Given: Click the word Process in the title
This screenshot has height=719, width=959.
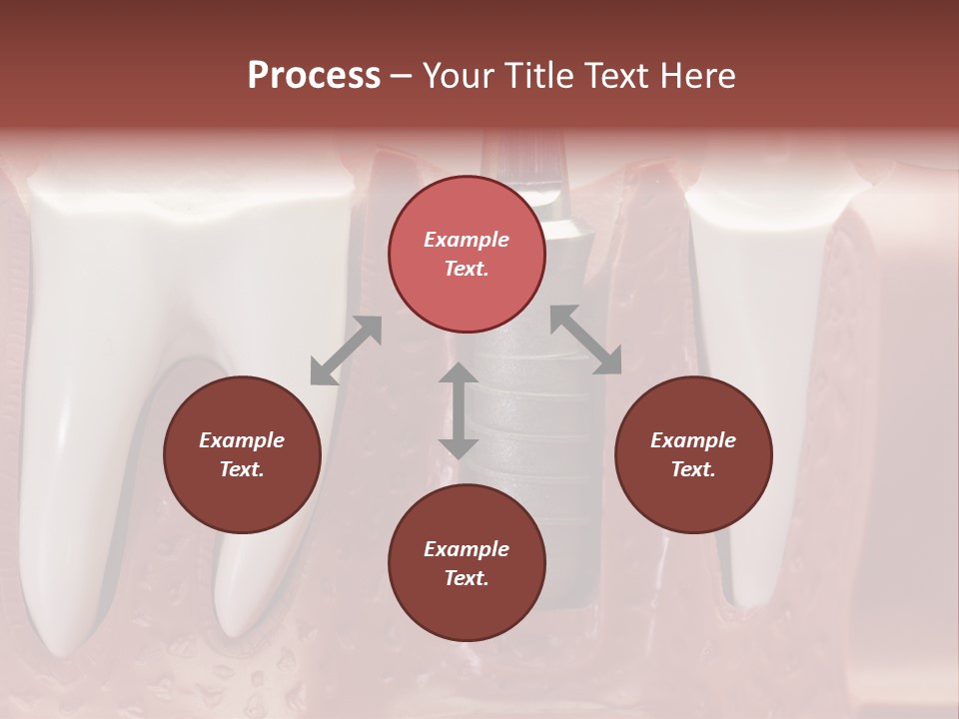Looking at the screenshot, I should tap(314, 76).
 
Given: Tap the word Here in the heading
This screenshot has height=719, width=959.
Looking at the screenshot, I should tap(698, 76).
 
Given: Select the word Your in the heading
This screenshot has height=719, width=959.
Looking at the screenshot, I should tap(459, 76).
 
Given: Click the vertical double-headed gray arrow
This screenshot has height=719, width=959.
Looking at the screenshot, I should tap(459, 410).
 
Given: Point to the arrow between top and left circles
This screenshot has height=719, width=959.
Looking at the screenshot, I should tap(346, 351).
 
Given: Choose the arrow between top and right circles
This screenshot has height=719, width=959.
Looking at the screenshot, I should tap(586, 340).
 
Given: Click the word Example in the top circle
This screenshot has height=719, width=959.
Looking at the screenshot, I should tap(467, 240).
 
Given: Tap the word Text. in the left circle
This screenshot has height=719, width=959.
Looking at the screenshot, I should tap(242, 469).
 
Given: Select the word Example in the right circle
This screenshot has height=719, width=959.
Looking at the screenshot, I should tap(693, 440).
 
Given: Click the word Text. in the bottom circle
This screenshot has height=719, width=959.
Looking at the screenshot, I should tap(467, 578).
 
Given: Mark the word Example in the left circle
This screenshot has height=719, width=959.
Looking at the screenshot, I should tap(242, 440).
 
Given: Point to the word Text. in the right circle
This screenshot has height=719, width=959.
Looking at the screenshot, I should tap(693, 469).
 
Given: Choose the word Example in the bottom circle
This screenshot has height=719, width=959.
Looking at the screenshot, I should tap(467, 549).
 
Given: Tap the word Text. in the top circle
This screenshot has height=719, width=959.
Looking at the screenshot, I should tap(467, 269).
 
